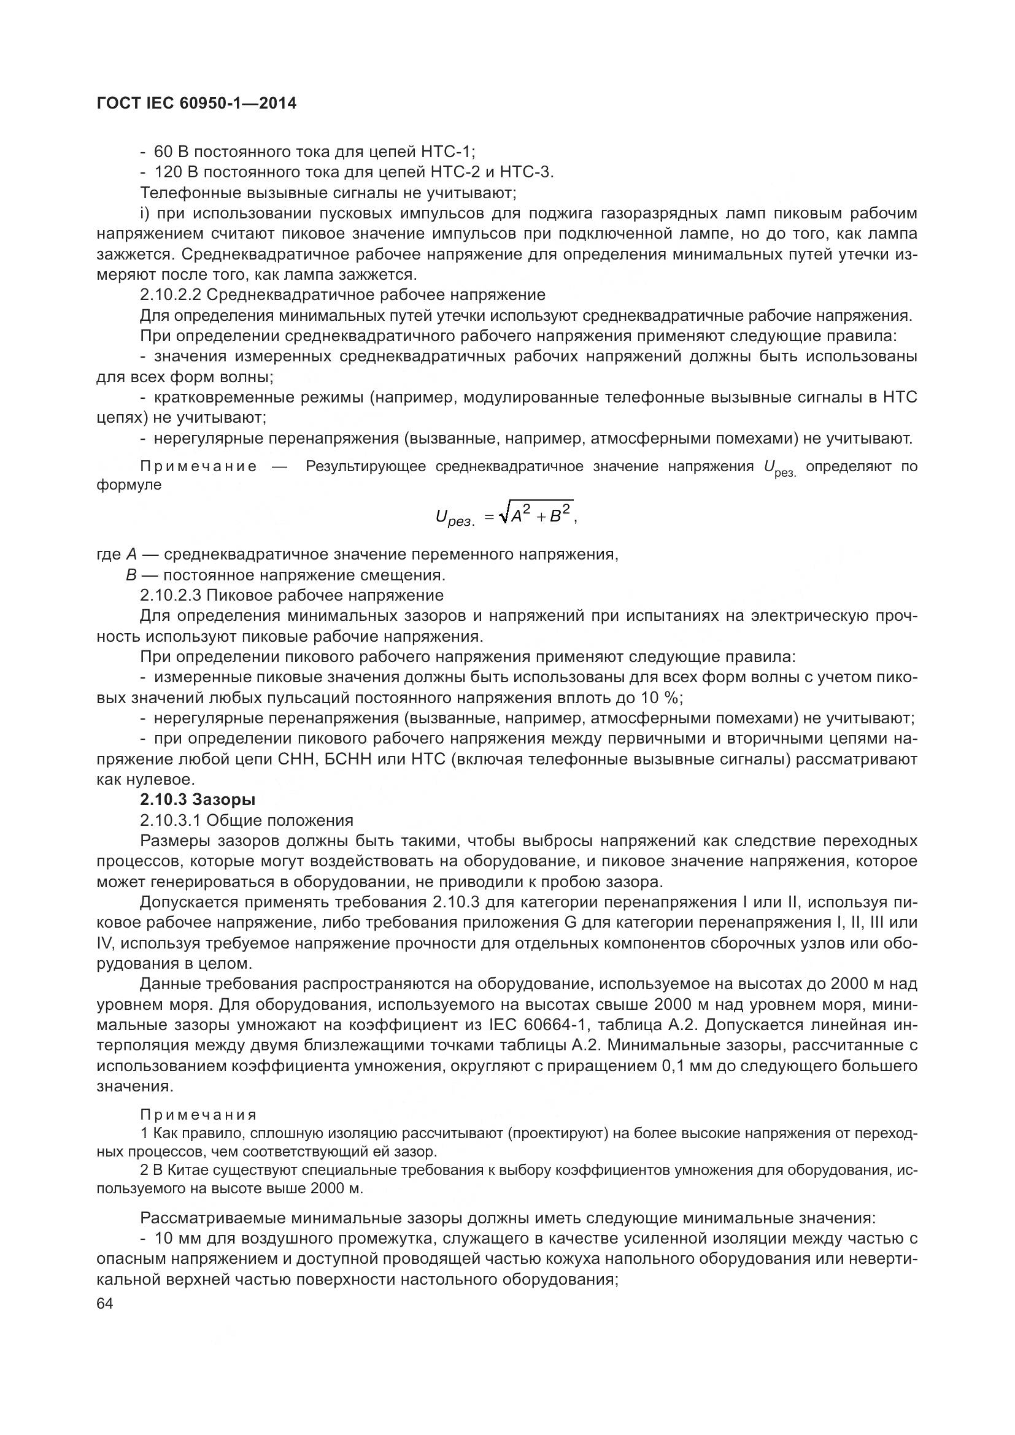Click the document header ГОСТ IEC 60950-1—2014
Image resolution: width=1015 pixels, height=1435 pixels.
click(x=197, y=103)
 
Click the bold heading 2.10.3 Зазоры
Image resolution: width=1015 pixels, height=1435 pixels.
click(x=198, y=799)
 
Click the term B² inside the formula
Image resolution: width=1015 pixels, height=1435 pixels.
click(x=560, y=515)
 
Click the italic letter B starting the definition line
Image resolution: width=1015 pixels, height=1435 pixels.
click(x=131, y=574)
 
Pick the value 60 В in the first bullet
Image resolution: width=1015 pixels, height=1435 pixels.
click(x=171, y=152)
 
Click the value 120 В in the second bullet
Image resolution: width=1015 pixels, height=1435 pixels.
click(x=176, y=172)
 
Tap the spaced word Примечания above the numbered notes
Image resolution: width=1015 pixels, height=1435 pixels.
click(x=198, y=1114)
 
